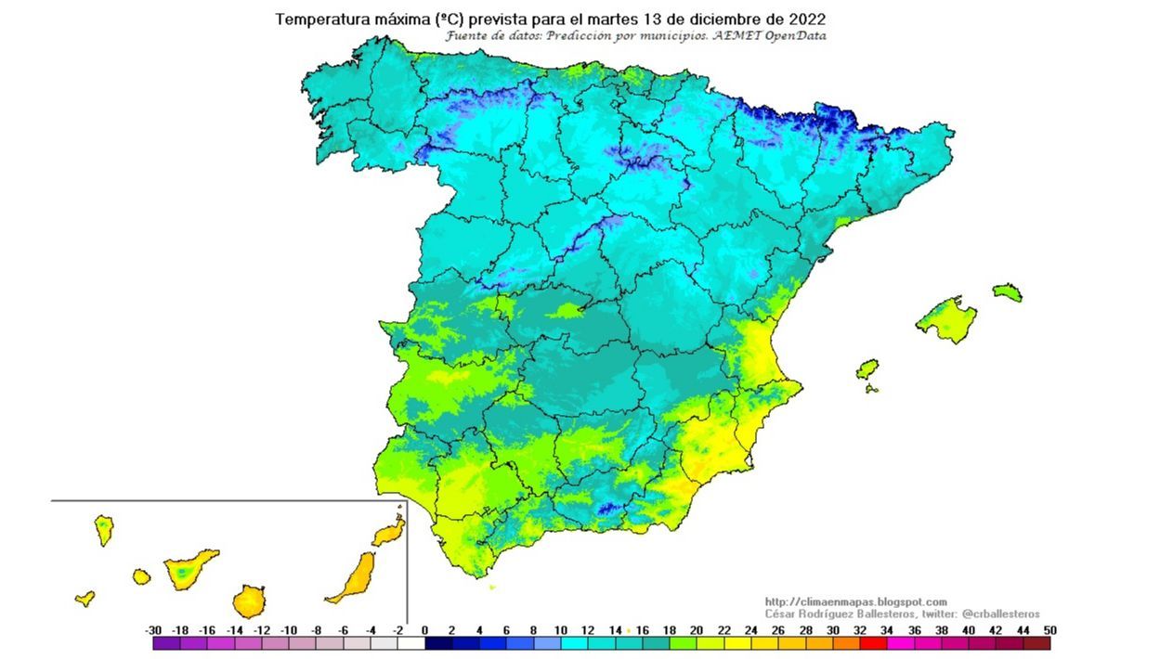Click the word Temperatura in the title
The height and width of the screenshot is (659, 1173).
point(321,19)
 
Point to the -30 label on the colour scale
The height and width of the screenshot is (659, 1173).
point(154,630)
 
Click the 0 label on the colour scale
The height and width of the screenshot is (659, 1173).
point(425,630)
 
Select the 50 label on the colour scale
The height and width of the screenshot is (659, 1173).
point(1049,630)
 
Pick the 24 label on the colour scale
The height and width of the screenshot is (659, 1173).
point(751,630)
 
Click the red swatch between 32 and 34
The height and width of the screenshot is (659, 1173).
point(873,643)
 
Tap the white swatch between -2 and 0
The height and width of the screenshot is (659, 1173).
point(411,643)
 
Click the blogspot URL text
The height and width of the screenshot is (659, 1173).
point(855,602)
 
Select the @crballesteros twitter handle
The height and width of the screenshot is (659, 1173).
point(1000,614)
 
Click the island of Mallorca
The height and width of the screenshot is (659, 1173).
point(945,318)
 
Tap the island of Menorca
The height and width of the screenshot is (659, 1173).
point(1007,292)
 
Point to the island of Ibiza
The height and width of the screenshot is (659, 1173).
point(867,369)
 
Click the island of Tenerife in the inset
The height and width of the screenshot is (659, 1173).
point(189,570)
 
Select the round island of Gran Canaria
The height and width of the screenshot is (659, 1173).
point(249,601)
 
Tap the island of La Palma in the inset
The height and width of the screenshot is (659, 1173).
point(103,529)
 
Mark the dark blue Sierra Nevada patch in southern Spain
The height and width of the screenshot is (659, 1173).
point(607,508)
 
